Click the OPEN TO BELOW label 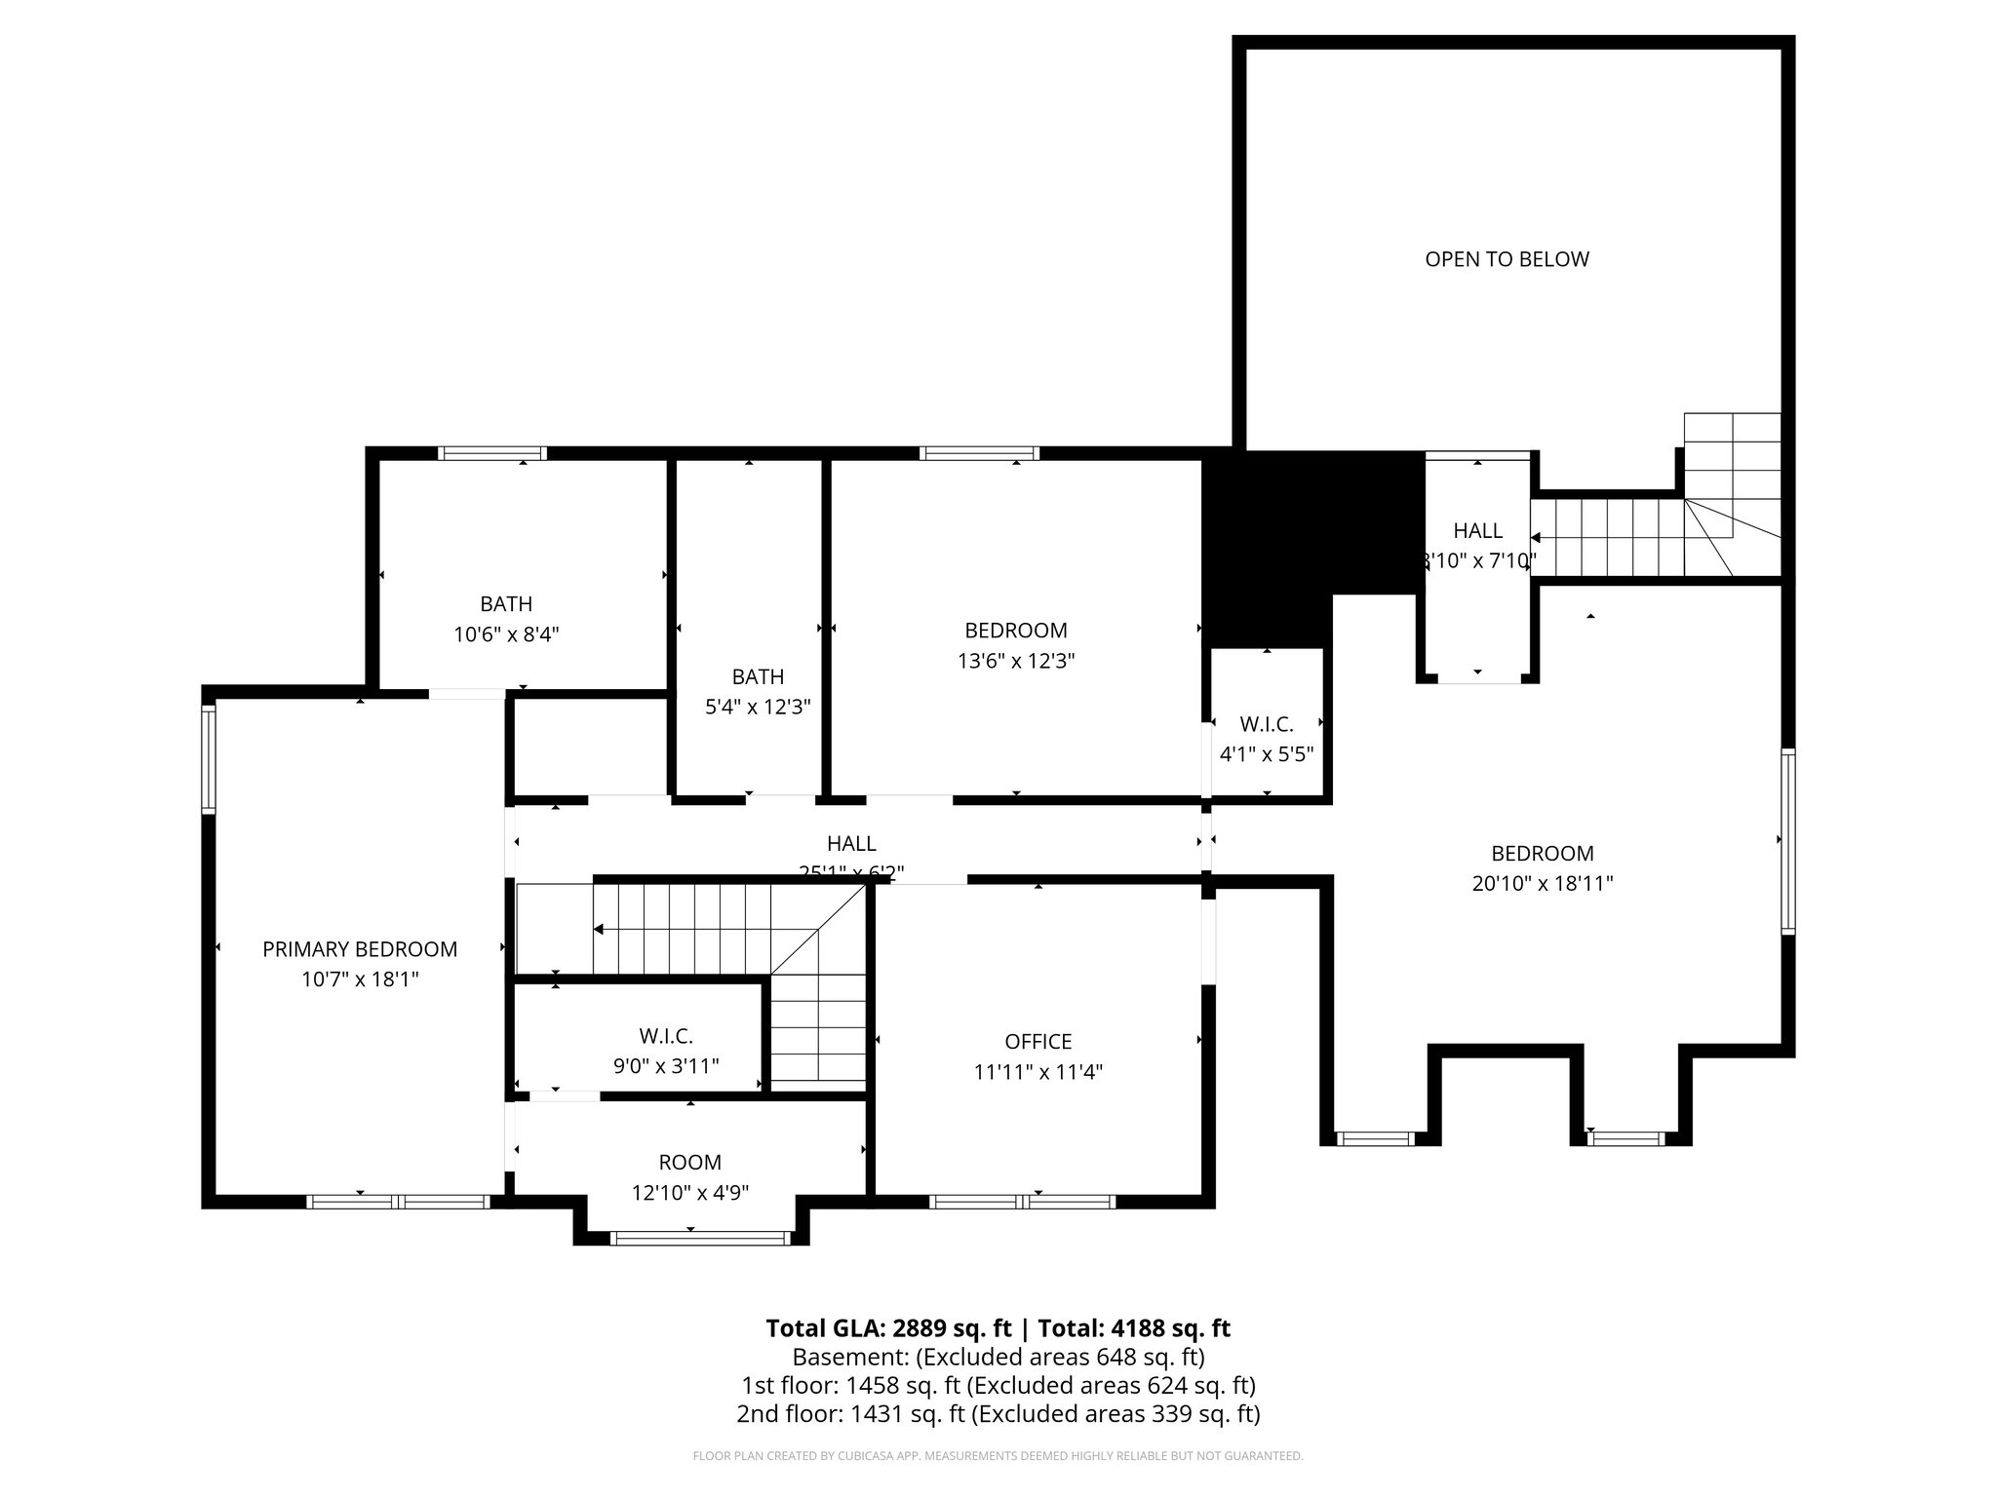pos(1507,259)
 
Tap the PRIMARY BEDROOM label pos(360,949)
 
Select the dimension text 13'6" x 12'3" pos(1016,661)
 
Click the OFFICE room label pos(1038,1042)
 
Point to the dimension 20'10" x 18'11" pos(1543,884)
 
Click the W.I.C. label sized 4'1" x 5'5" pos(1267,724)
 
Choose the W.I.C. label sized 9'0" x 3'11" pos(666,1036)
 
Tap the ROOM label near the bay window pos(690,1162)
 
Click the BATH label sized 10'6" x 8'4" pos(506,604)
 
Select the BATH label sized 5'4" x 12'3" pos(758,676)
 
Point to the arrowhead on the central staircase pos(599,929)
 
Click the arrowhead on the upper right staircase pos(1536,537)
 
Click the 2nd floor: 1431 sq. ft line pos(998,1413)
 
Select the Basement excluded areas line pos(998,1357)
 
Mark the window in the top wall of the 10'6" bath pos(491,453)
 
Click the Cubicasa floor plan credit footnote pos(998,1456)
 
